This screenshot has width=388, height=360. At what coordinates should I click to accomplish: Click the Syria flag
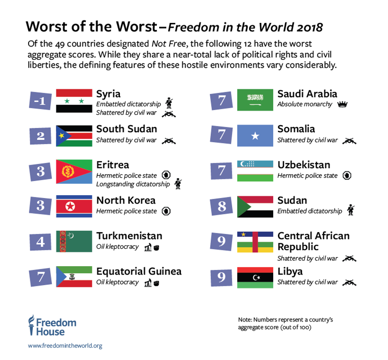coord(74,101)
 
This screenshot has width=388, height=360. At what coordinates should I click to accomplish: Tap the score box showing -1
coord(40,101)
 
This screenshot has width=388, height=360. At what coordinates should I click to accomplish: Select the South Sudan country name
coord(126,129)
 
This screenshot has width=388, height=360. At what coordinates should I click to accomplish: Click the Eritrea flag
coord(74,171)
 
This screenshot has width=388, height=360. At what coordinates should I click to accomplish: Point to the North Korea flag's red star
coord(70,206)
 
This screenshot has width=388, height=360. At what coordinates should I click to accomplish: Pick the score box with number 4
coord(40,242)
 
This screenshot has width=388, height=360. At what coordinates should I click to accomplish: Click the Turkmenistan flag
coord(74,242)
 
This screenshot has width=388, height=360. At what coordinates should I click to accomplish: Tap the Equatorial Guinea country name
coord(139,271)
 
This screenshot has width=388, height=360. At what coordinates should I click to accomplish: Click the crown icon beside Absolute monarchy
coord(342,105)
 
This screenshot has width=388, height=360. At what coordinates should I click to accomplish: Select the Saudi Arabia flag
coord(255,100)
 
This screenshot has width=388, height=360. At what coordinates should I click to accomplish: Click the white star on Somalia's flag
coord(255,136)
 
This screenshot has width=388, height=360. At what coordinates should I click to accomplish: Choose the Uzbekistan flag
coord(255,171)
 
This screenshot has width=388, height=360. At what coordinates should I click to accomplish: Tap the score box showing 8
coord(222,206)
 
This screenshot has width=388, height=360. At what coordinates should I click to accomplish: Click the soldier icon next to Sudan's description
coord(350,210)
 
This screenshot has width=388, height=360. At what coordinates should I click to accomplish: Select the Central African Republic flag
coord(255,242)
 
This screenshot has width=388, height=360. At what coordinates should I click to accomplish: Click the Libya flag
coord(255,277)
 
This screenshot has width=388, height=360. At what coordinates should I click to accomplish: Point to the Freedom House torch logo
coord(31,325)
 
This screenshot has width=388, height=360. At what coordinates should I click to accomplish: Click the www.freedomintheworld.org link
coord(65,346)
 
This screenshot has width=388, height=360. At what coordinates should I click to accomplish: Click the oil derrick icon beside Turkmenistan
coord(148,248)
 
